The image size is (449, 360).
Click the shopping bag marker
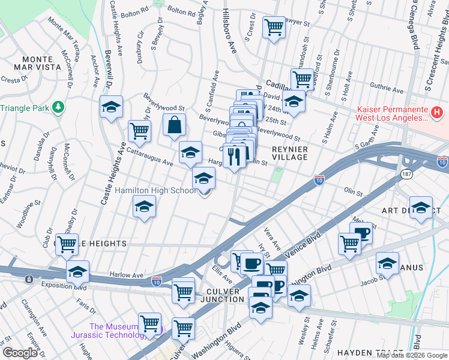(x=174, y=125)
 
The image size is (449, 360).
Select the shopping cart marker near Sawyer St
(x=274, y=26)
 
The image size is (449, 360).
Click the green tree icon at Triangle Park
(x=58, y=107)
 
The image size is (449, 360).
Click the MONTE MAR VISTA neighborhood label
(x=41, y=64)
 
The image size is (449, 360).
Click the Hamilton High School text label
(x=155, y=191)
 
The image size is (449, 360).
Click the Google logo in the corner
(x=20, y=353)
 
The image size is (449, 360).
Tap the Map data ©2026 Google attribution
(x=412, y=355)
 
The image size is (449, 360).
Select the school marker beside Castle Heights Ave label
(x=111, y=107)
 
